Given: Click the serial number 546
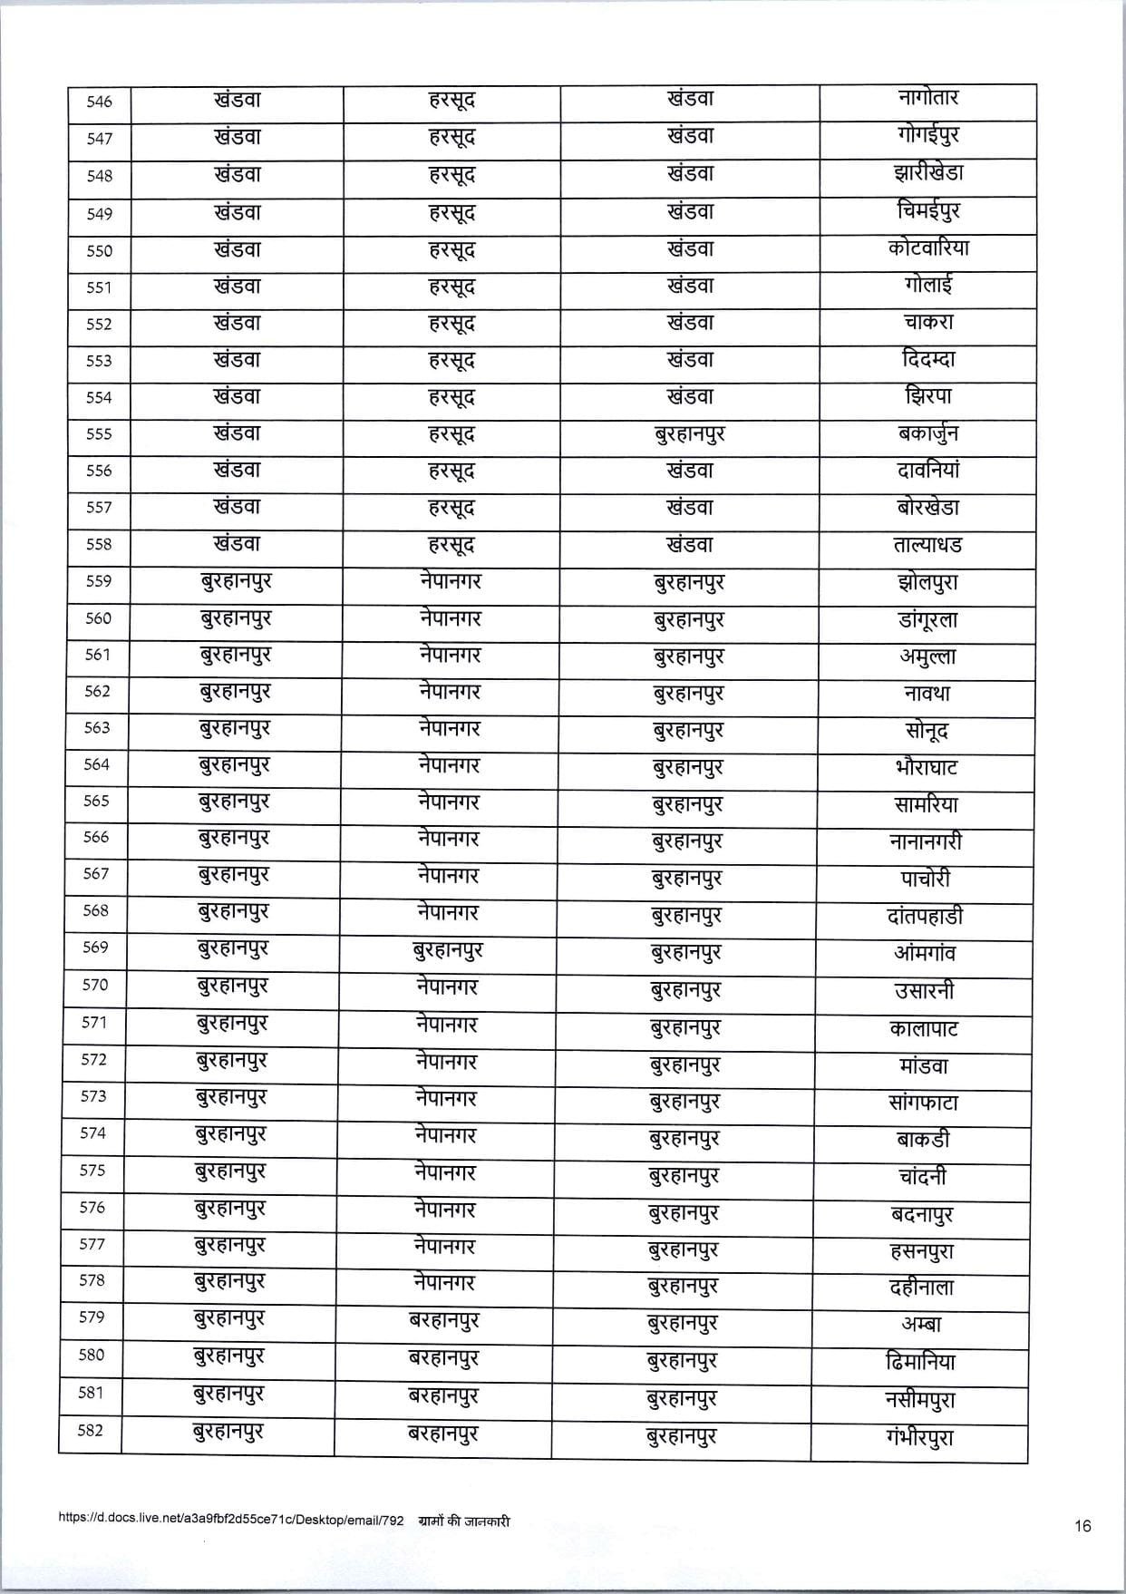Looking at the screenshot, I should coord(99,102).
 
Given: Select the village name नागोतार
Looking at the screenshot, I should coord(927,97).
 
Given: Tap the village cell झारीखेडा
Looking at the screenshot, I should coord(927,172).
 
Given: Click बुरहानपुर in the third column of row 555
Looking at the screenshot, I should coord(689,434).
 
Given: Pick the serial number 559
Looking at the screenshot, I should coord(98,581).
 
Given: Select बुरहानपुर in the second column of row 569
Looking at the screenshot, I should coord(447,951).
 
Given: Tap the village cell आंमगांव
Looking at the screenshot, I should coord(924,953).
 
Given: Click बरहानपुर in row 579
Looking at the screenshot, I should coord(443,1320).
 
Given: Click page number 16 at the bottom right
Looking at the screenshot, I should coord(1082,1526).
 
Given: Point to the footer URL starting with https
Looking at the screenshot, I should coord(230,1521).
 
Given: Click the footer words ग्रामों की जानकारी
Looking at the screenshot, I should coord(464,1521).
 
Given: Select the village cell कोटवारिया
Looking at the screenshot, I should coord(928,248).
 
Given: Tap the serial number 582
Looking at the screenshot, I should coord(91,1431).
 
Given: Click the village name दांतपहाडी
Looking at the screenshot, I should coord(925,916).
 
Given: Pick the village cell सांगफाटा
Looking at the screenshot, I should coord(924,1103).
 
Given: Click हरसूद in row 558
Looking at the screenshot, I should coord(451,545).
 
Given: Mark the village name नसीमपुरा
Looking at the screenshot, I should coord(920,1399).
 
